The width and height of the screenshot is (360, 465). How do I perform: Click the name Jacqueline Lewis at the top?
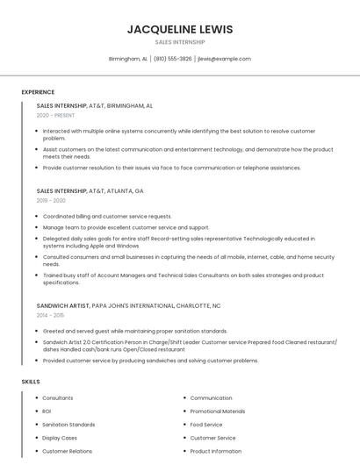[x=180, y=29]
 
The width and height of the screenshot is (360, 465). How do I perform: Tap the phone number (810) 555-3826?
[x=173, y=59]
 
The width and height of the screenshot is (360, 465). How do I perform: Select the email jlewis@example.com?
[x=224, y=59]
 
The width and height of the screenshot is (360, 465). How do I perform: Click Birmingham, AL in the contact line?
[x=127, y=59]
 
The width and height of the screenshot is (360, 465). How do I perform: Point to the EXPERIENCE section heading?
[x=38, y=92]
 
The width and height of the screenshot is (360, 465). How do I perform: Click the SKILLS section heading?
[x=31, y=382]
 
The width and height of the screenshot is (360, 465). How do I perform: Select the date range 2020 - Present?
[x=56, y=115]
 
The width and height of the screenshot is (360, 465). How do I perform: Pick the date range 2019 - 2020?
[x=51, y=200]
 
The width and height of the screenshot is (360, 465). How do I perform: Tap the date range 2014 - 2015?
[x=50, y=314]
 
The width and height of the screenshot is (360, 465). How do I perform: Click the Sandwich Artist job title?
[x=63, y=304]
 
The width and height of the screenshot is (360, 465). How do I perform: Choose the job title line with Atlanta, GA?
[x=90, y=190]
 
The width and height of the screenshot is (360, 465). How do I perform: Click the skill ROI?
[x=47, y=411]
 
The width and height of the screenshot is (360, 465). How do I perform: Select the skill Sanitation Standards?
[x=68, y=425]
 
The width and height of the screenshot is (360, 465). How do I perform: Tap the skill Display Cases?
[x=60, y=438]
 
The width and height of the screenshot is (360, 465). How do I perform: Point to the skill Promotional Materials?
[x=218, y=411]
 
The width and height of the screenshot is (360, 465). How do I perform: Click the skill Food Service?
[x=206, y=425]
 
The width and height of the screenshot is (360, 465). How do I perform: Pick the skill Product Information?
[x=216, y=451]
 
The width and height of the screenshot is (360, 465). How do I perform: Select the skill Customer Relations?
[x=67, y=451]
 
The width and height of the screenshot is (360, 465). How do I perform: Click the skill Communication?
[x=211, y=398]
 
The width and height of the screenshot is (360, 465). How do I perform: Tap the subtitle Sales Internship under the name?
[x=180, y=42]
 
